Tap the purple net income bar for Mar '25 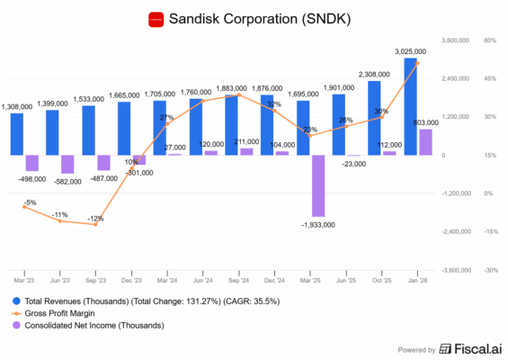point(317,185)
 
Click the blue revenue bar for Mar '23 point(17,133)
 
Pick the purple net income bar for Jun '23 point(67,164)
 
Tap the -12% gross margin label point(95,219)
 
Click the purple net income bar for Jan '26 point(425,142)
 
